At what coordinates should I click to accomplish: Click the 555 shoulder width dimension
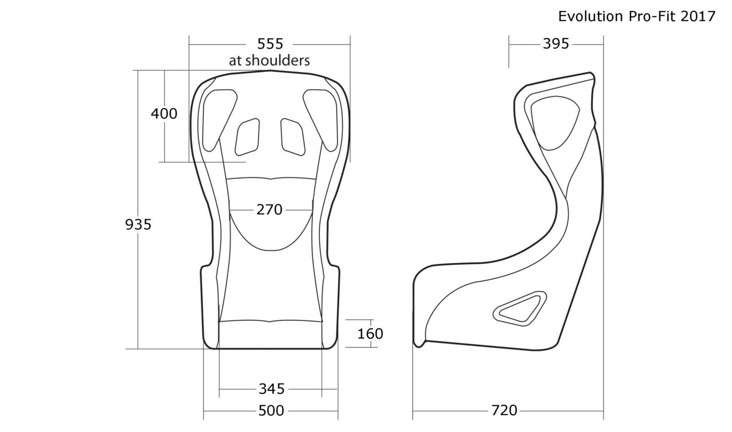coord(270,44)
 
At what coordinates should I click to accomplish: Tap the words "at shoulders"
coord(269,60)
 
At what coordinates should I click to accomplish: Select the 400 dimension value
coord(164,114)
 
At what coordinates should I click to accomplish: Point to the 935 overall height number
coord(138,224)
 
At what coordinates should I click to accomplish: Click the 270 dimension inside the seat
coord(269,210)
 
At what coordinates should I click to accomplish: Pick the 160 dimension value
coord(370,334)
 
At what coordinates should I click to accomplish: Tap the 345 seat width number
coord(272,389)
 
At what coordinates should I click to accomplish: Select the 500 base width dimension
coord(271,411)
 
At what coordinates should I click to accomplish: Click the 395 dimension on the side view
coord(556,44)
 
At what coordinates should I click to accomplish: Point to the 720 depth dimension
coord(504,411)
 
